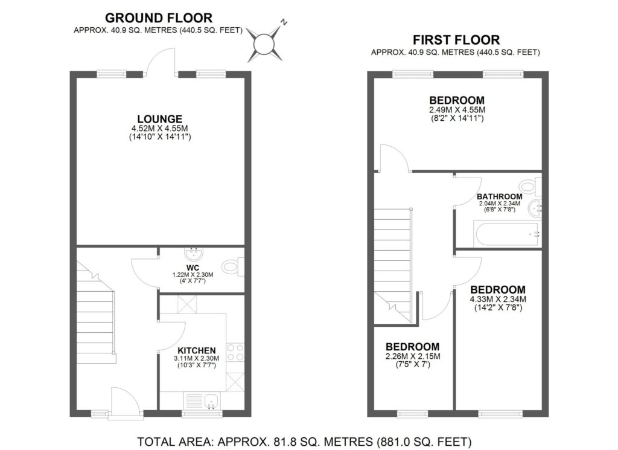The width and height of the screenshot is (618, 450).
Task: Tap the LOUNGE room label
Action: tap(159, 118)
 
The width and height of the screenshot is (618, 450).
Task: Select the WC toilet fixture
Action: tap(232, 266)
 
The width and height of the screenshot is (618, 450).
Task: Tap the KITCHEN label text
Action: tap(197, 350)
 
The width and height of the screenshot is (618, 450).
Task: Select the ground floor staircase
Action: tap(95, 314)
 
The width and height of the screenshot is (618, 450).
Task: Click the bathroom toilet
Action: tap(530, 185)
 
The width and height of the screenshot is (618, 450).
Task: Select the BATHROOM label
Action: tap(499, 196)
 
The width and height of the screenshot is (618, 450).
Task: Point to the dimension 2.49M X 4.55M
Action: tap(457, 110)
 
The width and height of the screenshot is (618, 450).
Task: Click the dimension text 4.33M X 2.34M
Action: tap(499, 299)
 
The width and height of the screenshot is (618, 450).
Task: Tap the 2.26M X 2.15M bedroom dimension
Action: tap(413, 356)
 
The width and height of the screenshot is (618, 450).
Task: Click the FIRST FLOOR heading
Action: tap(456, 40)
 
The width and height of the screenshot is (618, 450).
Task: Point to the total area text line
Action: tap(304, 441)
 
